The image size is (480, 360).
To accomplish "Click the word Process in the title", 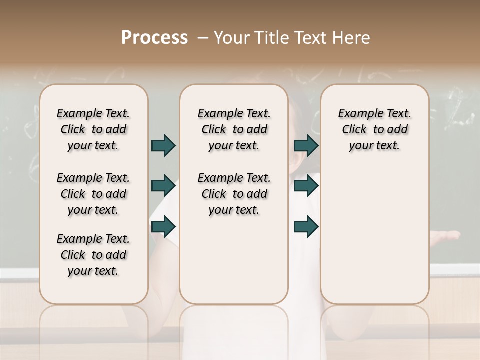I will point(154,37).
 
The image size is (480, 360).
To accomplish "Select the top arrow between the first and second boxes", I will point(163,146).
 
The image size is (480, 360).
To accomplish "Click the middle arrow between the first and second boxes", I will point(163,186).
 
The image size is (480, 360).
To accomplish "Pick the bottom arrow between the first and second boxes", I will point(163,227).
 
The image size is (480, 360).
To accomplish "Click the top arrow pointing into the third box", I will point(306,146).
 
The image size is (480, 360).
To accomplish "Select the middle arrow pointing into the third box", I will point(306,186).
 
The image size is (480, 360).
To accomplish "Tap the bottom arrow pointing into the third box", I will point(306,227).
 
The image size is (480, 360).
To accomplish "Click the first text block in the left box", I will point(93,129).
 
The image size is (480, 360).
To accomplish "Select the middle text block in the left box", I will point(93,194).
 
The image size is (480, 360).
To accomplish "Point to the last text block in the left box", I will point(93,255).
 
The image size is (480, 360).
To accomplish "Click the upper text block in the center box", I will point(234,129).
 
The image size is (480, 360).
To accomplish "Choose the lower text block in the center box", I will point(234,194).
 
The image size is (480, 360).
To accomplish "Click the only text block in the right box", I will point(374,129).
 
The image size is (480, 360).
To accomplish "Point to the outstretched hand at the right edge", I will point(447,235).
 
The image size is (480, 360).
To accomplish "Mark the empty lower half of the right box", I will point(374,240).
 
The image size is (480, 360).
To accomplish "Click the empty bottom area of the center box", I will point(234,265).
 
